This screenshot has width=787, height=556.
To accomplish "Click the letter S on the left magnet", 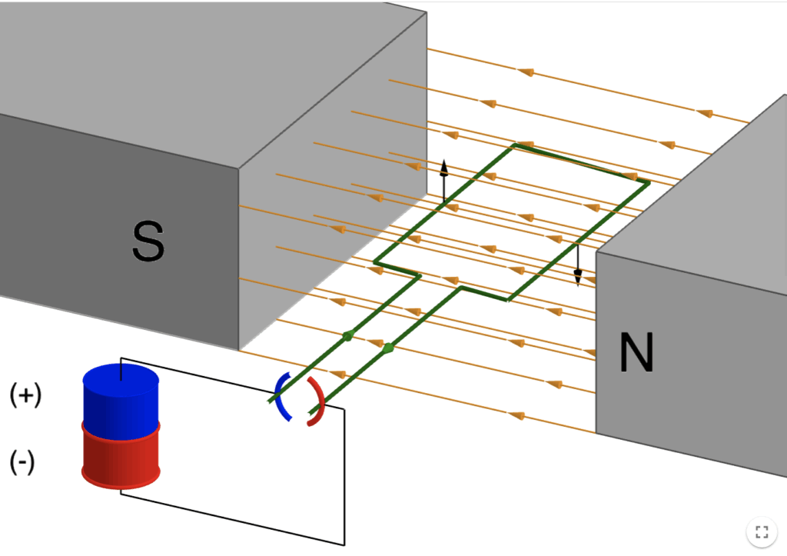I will click(148, 240).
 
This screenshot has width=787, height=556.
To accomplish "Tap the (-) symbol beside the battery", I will click(22, 463).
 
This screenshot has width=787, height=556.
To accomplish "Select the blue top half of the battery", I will click(121, 400).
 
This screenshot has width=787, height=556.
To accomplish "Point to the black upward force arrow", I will click(443, 181).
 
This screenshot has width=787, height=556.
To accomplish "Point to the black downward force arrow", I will click(578, 265).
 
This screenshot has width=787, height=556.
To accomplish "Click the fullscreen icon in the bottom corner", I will click(762, 531).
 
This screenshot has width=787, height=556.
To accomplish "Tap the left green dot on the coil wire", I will click(347, 335).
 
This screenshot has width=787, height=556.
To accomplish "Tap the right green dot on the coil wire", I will click(387, 348).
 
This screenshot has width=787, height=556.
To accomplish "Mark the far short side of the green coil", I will click(581, 163).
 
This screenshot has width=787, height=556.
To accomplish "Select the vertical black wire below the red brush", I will click(344, 477).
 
